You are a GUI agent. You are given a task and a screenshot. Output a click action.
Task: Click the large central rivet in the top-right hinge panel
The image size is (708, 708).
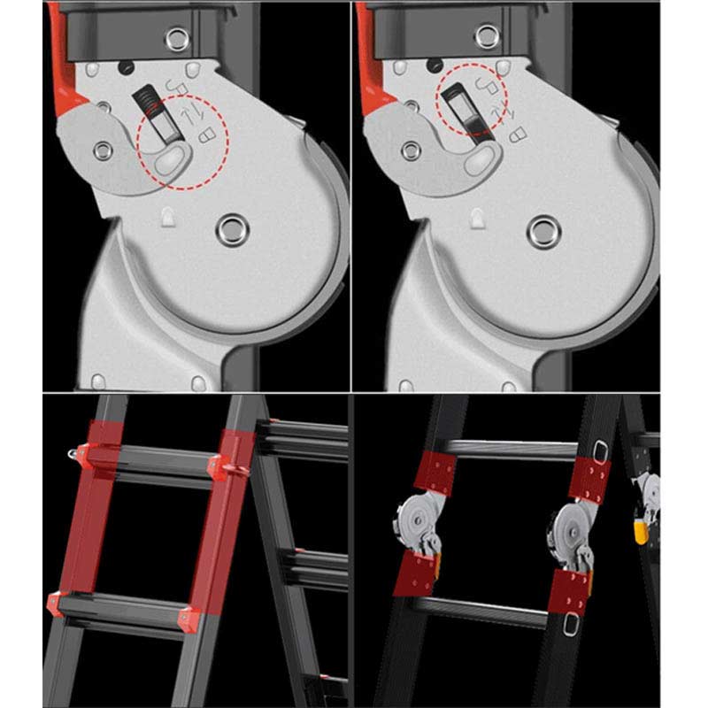[x=543, y=232]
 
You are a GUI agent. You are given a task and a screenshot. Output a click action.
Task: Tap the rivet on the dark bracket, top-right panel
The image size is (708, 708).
[x=485, y=36]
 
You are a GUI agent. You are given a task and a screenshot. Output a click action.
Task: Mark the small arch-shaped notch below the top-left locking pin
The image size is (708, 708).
[x=167, y=215]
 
